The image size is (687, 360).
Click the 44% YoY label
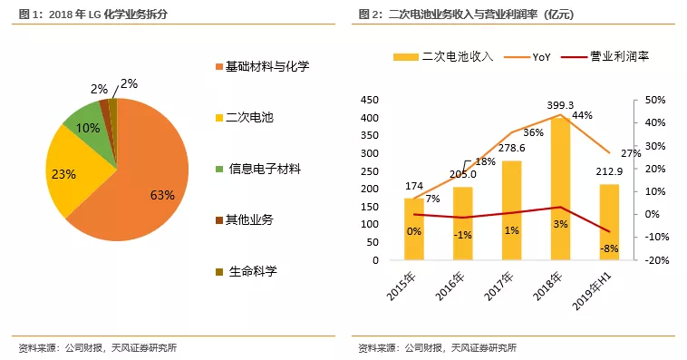point(582,115)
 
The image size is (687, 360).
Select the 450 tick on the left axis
point(368,99)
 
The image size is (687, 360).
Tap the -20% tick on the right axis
point(656,260)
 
